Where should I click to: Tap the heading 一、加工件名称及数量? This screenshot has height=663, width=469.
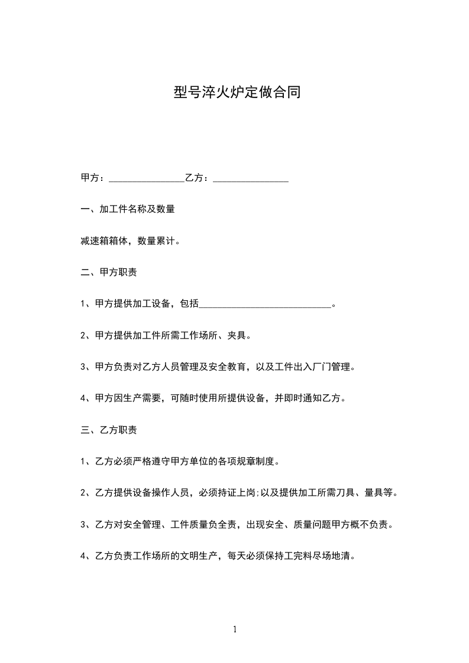click(127, 209)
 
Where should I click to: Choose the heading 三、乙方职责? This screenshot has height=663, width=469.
click(108, 430)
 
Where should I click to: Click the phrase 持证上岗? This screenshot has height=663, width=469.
click(228, 493)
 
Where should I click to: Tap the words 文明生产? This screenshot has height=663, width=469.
click(198, 556)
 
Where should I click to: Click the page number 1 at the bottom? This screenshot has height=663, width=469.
click(235, 630)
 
